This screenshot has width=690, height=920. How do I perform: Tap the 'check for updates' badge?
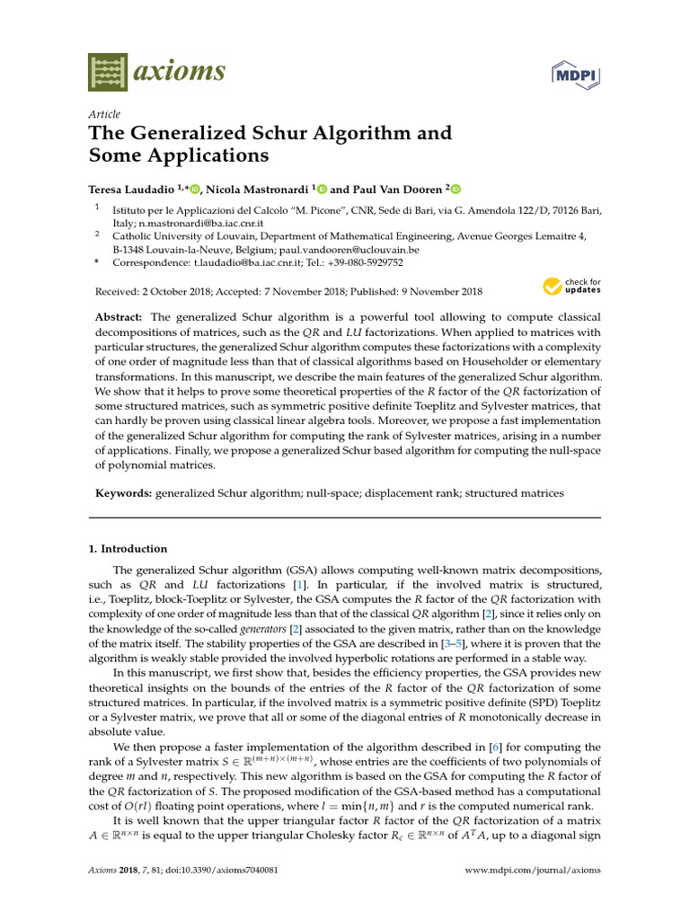tap(572, 287)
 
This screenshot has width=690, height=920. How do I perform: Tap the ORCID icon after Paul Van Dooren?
tap(455, 189)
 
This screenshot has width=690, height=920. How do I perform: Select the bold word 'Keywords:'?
tap(124, 493)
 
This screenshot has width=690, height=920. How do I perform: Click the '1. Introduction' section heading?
tap(133, 549)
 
